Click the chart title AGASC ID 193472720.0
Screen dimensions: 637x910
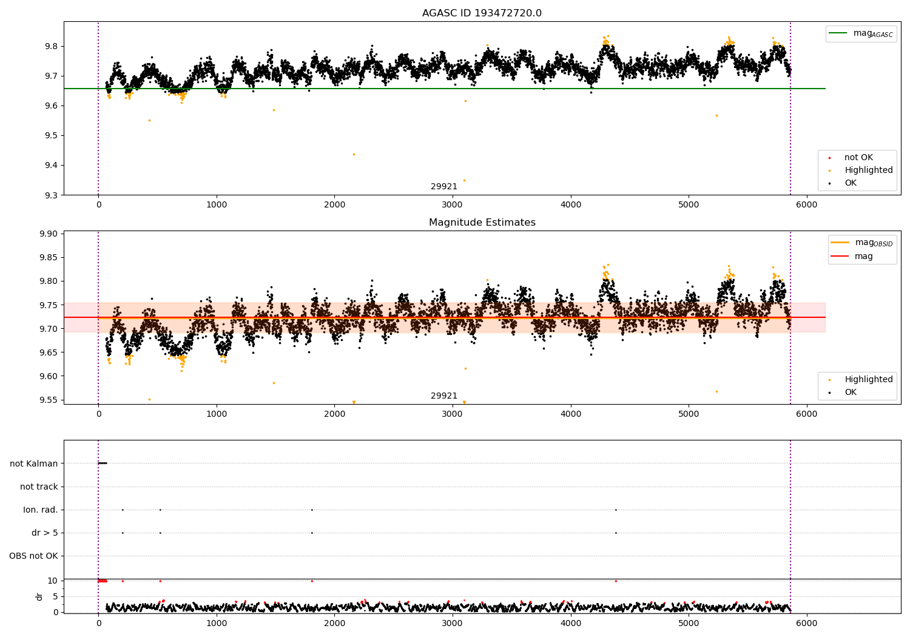[482, 13]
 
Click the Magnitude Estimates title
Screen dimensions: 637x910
[482, 223]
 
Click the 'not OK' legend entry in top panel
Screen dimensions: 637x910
[858, 158]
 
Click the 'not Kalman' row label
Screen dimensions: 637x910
[34, 463]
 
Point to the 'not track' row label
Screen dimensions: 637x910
[39, 487]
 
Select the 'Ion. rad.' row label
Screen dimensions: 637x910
[41, 510]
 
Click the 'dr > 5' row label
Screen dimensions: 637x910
[45, 533]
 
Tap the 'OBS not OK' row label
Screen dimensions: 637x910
[33, 556]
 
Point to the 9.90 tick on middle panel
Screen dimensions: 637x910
[48, 234]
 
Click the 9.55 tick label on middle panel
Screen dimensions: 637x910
[48, 400]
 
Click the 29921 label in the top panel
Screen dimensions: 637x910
[444, 186]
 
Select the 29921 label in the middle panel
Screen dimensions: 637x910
[444, 396]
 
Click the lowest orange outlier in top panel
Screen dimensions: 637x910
[465, 180]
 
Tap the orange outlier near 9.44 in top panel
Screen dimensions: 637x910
[354, 154]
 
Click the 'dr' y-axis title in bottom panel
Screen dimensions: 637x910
[39, 596]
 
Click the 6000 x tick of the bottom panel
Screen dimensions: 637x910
[806, 623]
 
